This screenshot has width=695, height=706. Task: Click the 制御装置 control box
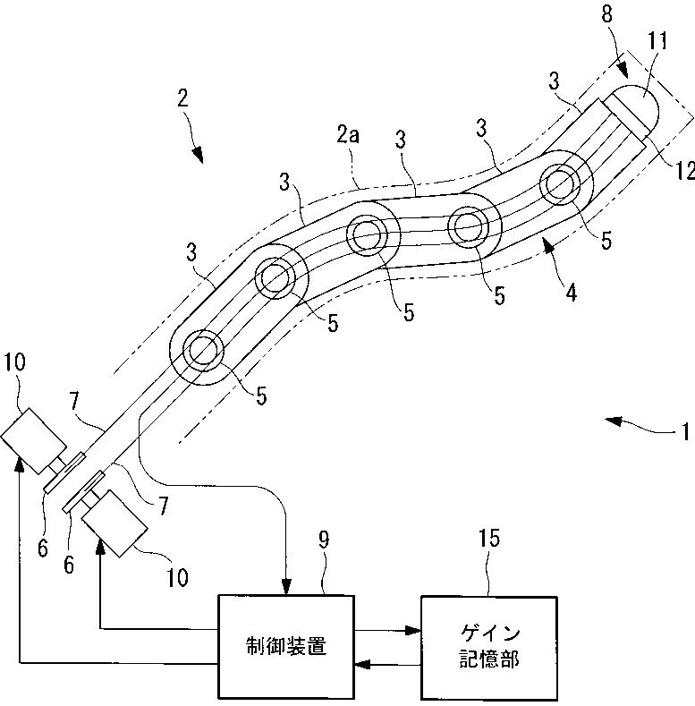tap(286, 647)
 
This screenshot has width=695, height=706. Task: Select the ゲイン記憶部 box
tap(489, 648)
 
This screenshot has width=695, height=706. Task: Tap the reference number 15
tap(489, 538)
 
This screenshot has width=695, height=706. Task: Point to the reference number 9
tap(324, 540)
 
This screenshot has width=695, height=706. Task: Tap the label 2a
tap(348, 134)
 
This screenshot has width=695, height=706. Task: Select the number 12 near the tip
tap(685, 171)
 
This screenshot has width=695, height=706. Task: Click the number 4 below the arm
tap(571, 293)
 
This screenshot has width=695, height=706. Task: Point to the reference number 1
tap(685, 432)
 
